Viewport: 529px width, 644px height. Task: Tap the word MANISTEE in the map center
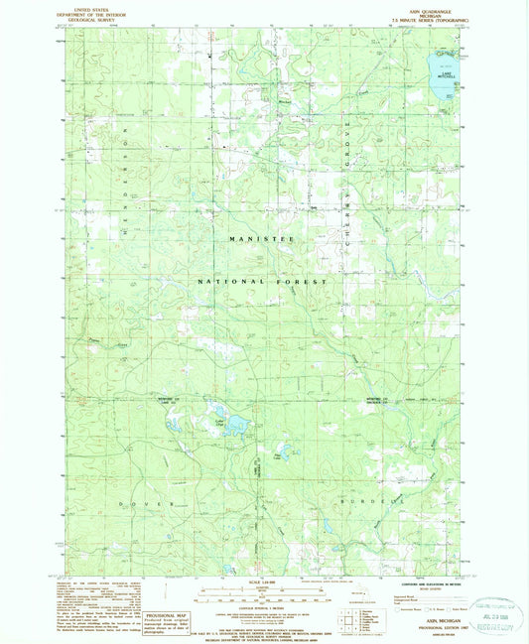tap(261, 240)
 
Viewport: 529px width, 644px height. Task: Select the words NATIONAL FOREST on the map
tap(262, 282)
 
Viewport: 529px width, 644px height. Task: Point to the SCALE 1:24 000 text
tap(262, 582)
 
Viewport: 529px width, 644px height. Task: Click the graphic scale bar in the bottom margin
tap(262, 596)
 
